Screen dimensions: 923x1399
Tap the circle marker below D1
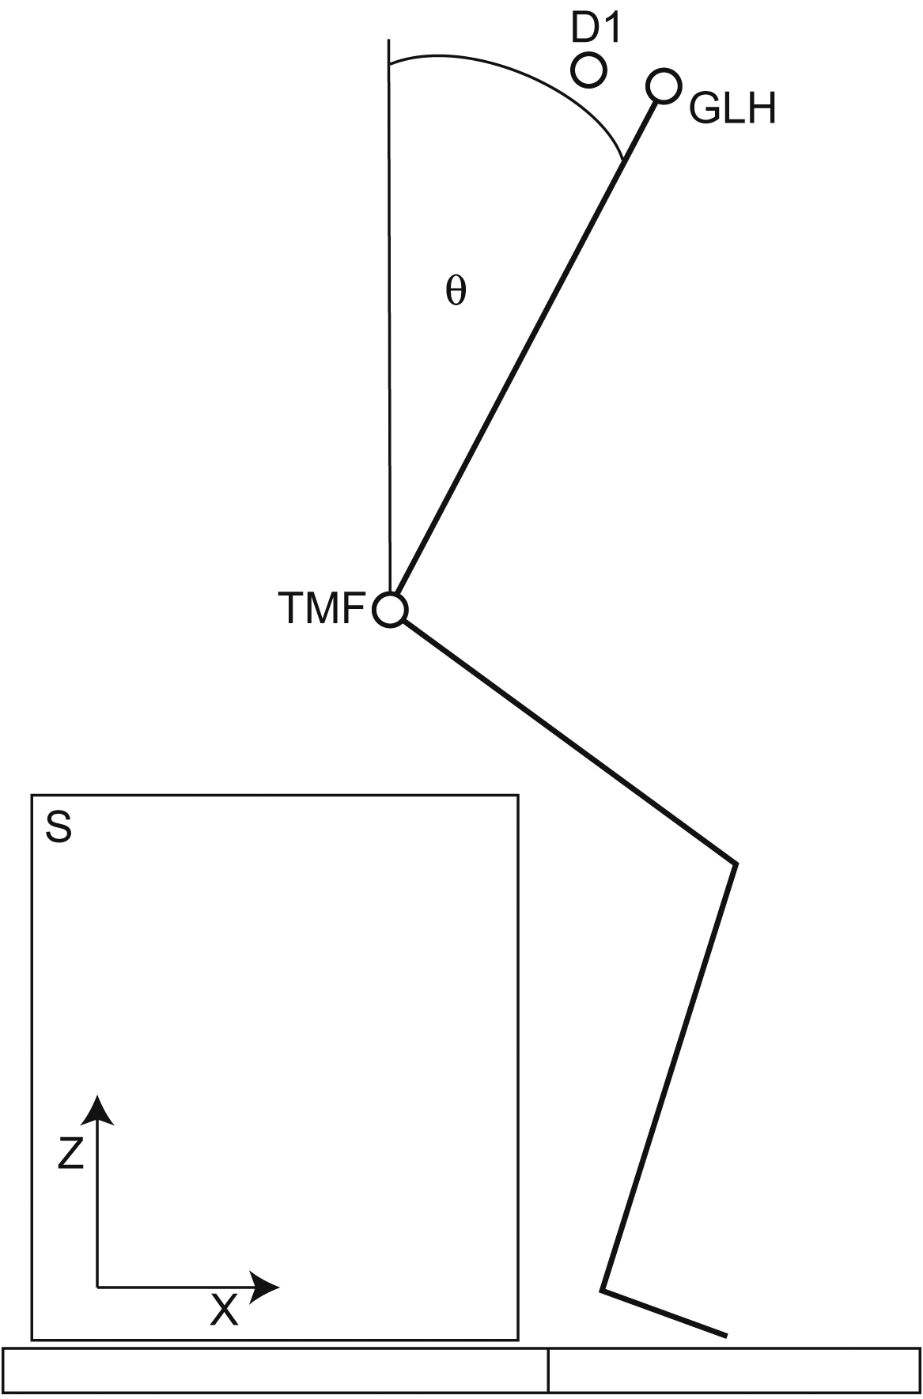(x=588, y=70)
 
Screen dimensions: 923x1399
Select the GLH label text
(x=732, y=109)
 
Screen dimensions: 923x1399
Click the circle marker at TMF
(x=391, y=611)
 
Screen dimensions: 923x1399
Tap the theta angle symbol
(x=456, y=293)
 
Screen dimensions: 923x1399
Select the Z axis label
(x=71, y=1156)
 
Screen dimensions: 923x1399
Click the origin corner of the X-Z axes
(x=98, y=1287)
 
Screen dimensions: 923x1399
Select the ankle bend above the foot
(x=603, y=1291)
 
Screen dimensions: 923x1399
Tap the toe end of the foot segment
(x=724, y=1336)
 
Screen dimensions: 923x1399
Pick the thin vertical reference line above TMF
(x=389, y=316)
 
